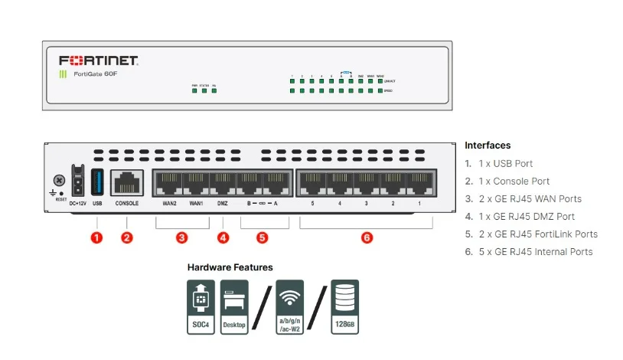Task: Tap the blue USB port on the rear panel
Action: click(x=97, y=182)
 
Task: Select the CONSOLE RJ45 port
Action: click(x=127, y=182)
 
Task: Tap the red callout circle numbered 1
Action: click(x=97, y=237)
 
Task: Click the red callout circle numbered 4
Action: click(x=223, y=237)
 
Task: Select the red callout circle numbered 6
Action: click(x=367, y=237)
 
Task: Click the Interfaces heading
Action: click(x=488, y=146)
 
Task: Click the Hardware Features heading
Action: click(x=230, y=267)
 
